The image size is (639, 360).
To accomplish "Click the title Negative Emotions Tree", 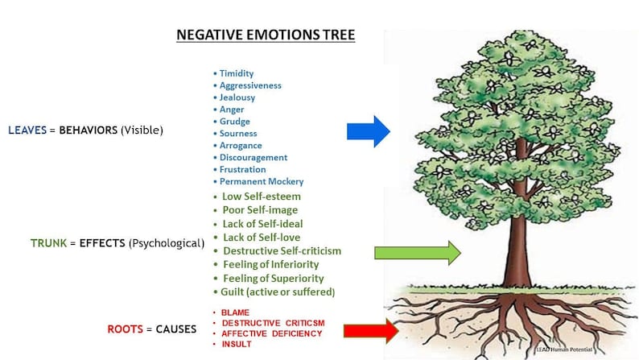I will tap(266, 36).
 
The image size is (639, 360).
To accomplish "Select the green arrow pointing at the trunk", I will tap(417, 253).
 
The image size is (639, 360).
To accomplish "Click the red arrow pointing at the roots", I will tap(371, 330).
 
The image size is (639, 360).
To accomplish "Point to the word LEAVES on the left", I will tap(27, 130).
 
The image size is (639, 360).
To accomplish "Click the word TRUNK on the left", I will tap(47, 242).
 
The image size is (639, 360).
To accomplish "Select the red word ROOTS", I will tap(125, 329).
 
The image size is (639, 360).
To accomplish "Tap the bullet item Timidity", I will tap(237, 73).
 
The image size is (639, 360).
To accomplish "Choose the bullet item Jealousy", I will tap(237, 97).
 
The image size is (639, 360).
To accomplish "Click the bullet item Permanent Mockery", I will tap(262, 182).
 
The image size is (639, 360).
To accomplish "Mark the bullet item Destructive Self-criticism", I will tap(282, 250).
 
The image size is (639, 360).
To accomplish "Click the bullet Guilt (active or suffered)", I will tap(278, 292).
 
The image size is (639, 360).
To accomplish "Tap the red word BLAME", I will tap(236, 312).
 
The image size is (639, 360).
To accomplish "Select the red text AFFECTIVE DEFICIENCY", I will tap(273, 333).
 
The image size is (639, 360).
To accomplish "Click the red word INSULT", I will tap(237, 344).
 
